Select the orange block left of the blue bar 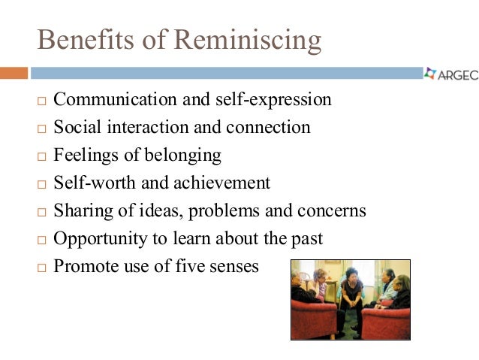tap(14, 73)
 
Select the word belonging tap(184, 156)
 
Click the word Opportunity tap(98, 239)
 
